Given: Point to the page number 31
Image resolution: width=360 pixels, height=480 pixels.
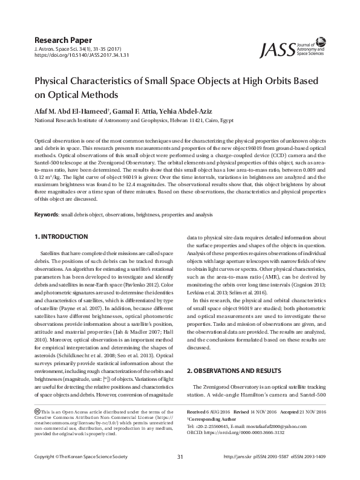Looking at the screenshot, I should click(180, 473).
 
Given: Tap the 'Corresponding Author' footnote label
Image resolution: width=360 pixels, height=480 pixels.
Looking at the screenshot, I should click(211, 418).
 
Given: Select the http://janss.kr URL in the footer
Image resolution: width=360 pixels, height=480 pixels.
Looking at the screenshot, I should click(238, 473).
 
